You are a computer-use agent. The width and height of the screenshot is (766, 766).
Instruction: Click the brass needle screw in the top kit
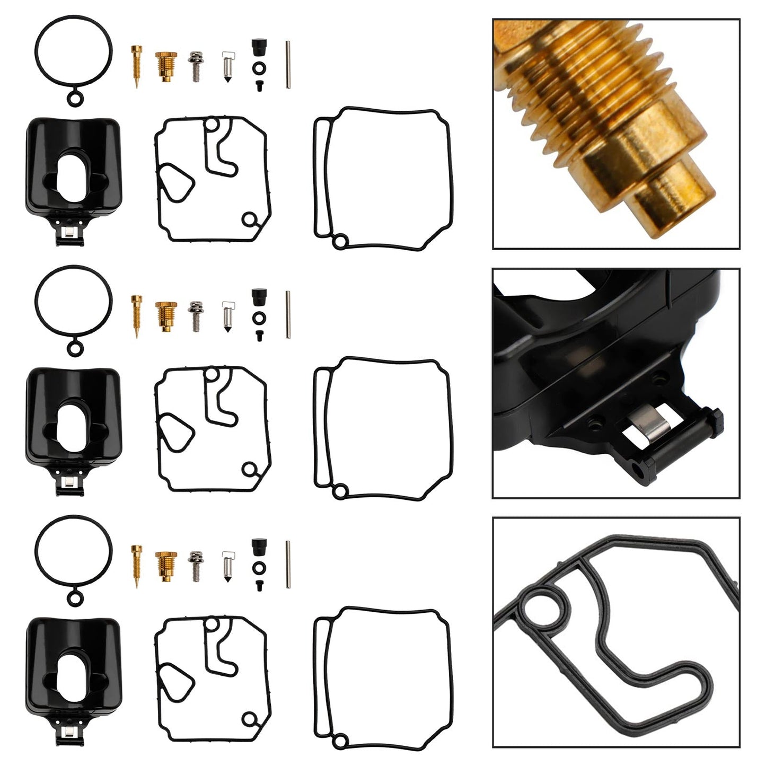click(136, 67)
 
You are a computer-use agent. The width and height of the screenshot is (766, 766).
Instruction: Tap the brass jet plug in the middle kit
click(165, 316)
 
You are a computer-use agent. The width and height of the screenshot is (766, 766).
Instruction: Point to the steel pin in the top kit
click(288, 64)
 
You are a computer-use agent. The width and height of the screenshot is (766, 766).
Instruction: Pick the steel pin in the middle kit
click(288, 313)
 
